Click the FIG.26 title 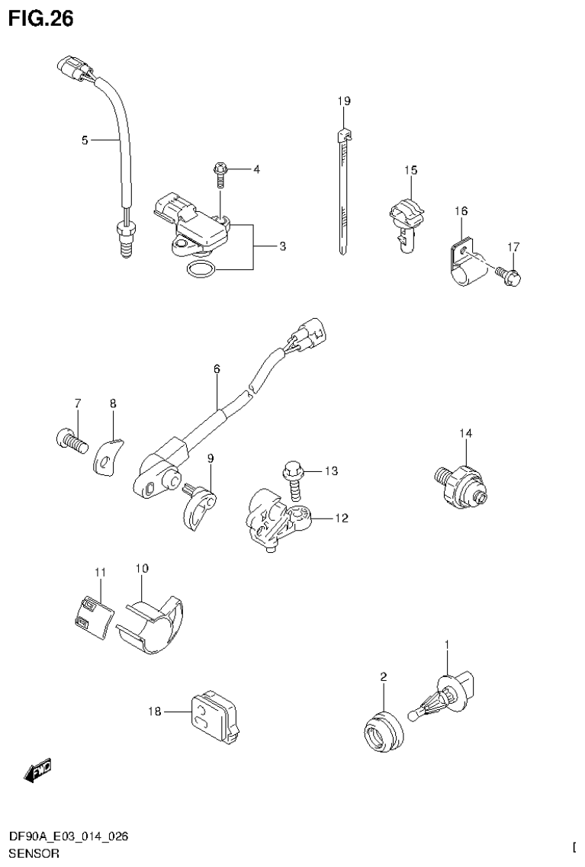[x=41, y=19]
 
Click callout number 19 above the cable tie [x=344, y=101]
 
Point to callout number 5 [x=85, y=140]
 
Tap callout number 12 [x=340, y=519]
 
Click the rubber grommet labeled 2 [x=381, y=731]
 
